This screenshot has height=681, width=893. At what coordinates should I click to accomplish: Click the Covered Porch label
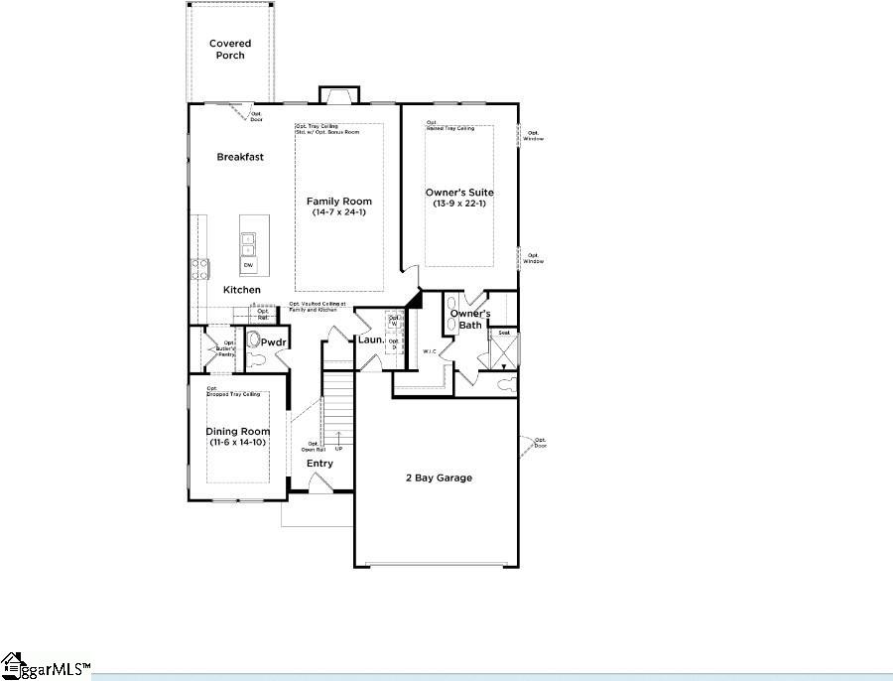[x=230, y=49]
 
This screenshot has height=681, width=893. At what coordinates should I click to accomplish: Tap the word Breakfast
[x=240, y=157]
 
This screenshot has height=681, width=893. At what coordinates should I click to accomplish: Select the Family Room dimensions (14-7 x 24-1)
[x=338, y=212]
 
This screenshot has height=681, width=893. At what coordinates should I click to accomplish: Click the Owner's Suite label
[x=459, y=193]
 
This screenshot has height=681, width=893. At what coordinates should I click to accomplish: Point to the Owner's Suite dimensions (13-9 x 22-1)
[x=459, y=204]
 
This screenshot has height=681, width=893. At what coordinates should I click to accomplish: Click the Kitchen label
[x=241, y=290]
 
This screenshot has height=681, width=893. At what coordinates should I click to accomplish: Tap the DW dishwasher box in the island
[x=247, y=265]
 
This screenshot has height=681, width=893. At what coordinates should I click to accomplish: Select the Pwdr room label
[x=274, y=342]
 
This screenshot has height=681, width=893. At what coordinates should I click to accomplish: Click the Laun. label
[x=371, y=340]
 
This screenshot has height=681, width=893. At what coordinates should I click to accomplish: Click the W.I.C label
[x=430, y=351]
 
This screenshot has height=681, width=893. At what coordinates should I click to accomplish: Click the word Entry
[x=319, y=464]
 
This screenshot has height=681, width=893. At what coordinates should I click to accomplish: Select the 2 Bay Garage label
[x=439, y=478]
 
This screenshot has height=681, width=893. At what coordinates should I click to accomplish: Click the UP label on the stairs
[x=339, y=450]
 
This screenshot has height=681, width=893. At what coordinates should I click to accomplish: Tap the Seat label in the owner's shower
[x=504, y=334]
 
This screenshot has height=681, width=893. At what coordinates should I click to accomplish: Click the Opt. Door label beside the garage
[x=540, y=443]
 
